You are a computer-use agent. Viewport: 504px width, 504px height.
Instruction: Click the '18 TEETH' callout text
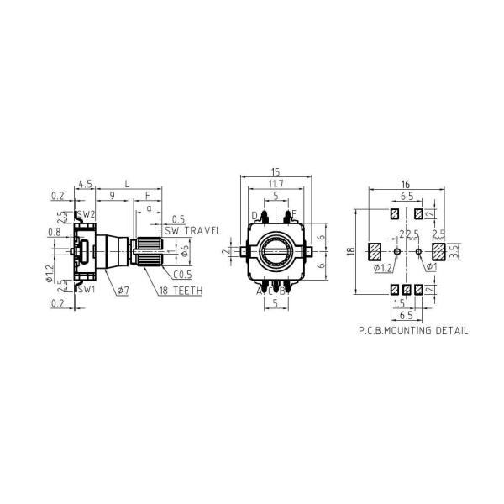tap(181, 290)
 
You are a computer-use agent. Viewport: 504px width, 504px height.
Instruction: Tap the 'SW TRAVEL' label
tap(192, 230)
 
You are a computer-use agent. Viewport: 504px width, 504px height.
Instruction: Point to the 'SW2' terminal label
tap(87, 215)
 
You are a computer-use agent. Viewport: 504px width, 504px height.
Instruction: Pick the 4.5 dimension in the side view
tap(84, 182)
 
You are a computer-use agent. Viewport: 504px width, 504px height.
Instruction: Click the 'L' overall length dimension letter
tap(127, 182)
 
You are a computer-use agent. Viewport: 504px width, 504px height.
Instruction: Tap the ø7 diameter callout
tap(122, 290)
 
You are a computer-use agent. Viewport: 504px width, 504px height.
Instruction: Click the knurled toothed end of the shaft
tap(149, 250)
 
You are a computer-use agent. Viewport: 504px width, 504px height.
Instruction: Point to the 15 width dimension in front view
tap(275, 171)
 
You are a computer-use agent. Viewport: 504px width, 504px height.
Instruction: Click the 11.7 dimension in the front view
tap(275, 183)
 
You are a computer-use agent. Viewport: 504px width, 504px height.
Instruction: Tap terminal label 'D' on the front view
tap(255, 215)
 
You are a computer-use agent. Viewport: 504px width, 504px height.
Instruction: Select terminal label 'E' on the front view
tap(293, 215)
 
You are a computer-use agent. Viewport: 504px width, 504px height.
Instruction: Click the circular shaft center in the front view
tap(275, 250)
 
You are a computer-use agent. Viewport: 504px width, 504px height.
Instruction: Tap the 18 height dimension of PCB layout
tap(351, 250)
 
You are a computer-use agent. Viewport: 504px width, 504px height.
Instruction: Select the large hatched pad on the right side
tap(438, 250)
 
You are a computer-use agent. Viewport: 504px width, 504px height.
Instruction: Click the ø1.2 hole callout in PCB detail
tap(382, 268)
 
